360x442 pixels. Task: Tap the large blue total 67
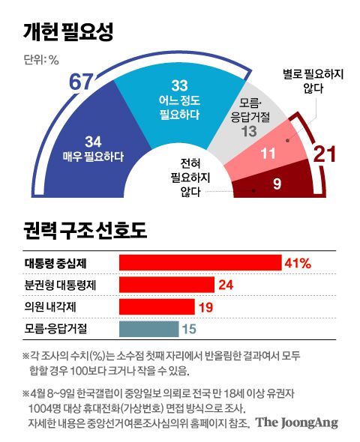pos(85,82)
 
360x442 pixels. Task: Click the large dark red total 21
pos(325,155)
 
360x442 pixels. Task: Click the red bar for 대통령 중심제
pos(199,262)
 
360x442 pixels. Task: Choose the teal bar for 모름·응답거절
pos(148,329)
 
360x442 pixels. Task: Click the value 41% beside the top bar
pos(297,262)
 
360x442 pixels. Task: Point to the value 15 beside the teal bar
pos(188,329)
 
